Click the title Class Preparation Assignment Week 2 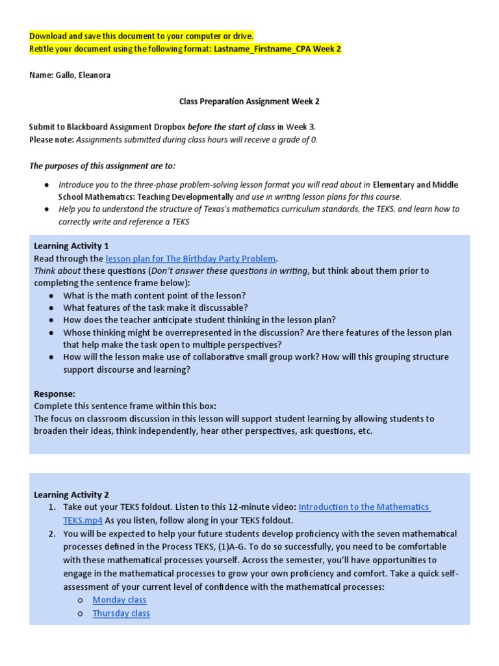pos(249,101)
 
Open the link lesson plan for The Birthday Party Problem pos(190,258)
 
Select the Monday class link pos(120,600)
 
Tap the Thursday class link pos(121,613)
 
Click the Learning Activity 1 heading pos(71,246)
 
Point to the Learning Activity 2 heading pos(71,495)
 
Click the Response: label pos(55,393)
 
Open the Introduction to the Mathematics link pos(364,507)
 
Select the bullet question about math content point pos(154,295)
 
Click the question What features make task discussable pos(155,308)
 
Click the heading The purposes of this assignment pos(102,166)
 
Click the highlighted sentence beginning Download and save pos(141,36)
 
